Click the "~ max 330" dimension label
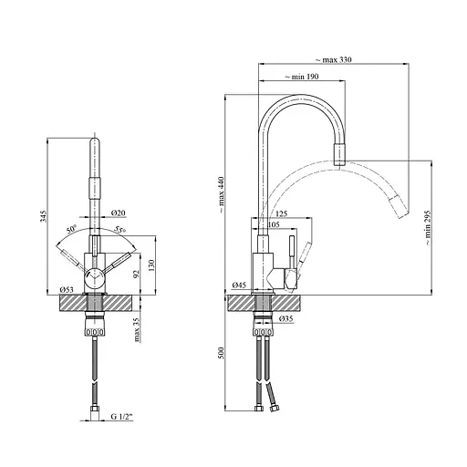(x=333, y=59)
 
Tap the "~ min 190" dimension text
(x=302, y=77)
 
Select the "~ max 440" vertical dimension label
(x=221, y=194)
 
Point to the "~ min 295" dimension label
(x=428, y=227)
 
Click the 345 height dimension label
(x=44, y=215)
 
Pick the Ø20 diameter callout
(x=119, y=213)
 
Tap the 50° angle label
(x=72, y=229)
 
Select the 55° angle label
(x=120, y=230)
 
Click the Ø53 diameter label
(x=67, y=289)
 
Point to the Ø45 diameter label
(x=239, y=285)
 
